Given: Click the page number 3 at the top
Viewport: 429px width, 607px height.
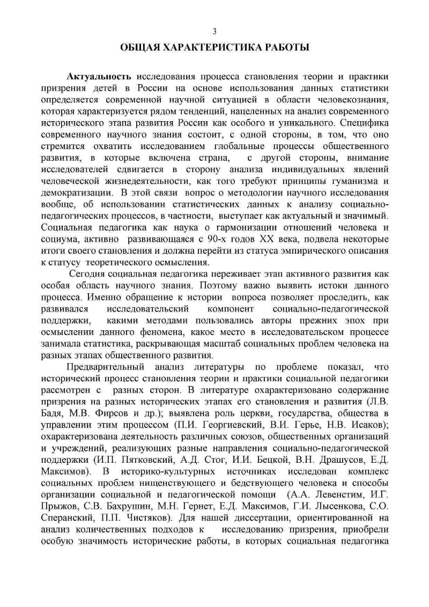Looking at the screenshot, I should click(x=214, y=31).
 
